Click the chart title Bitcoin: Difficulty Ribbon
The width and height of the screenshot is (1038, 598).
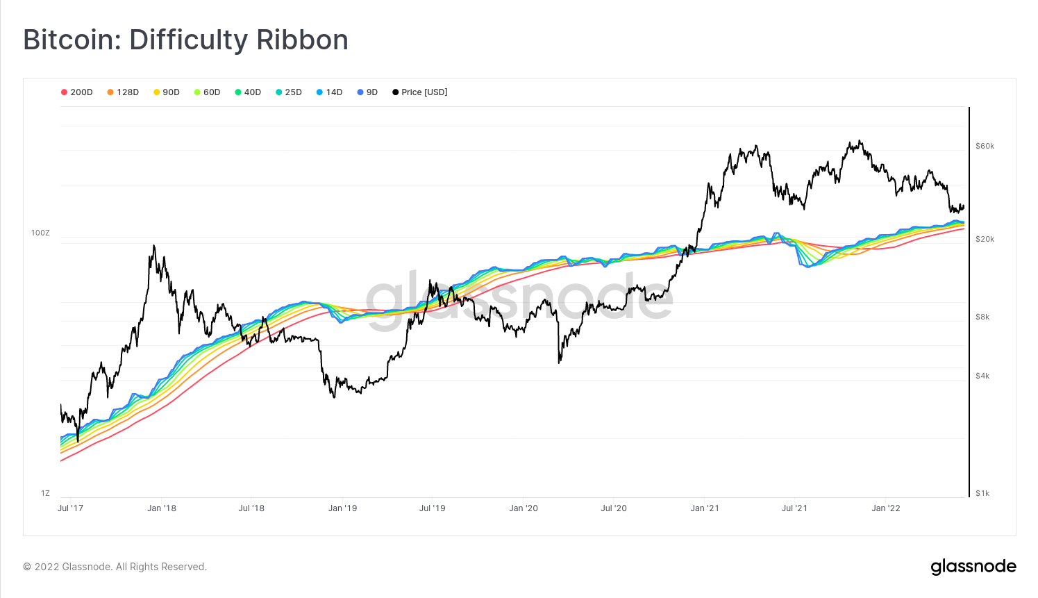tap(185, 40)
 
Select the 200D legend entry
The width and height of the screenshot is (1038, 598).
tap(77, 92)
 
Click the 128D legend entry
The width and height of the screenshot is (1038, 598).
tap(123, 92)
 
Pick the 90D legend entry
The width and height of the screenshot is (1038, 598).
tap(167, 92)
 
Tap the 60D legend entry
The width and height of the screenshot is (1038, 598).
tap(207, 92)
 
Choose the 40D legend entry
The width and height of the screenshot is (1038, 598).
tap(248, 92)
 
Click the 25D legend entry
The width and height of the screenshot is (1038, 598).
tap(289, 92)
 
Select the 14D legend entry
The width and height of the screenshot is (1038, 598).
tap(330, 92)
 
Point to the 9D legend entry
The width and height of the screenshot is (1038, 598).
tap(367, 92)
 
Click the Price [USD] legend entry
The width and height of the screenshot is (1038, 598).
tap(420, 92)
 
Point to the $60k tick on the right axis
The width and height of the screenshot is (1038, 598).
tap(985, 146)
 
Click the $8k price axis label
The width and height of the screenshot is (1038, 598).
tap(982, 317)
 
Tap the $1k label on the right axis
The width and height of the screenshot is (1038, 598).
tap(982, 493)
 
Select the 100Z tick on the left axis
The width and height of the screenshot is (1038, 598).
tap(40, 233)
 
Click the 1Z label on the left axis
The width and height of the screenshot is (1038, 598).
tap(45, 493)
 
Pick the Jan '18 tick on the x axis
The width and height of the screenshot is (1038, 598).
tap(162, 508)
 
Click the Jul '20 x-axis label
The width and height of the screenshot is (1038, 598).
tap(613, 508)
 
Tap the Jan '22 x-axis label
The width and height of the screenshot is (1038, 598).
tap(885, 508)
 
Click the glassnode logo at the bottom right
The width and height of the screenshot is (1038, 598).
tap(973, 567)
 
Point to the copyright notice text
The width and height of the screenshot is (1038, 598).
tap(115, 567)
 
